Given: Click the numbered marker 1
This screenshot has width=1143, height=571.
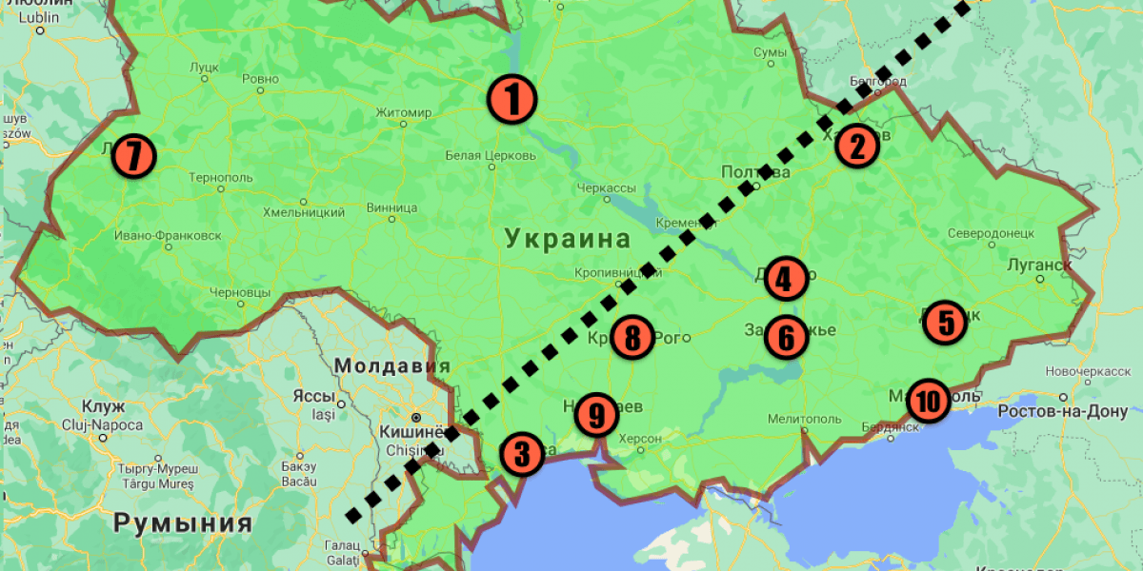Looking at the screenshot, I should [511, 99].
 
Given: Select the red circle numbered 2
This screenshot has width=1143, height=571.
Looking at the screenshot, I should [856, 147].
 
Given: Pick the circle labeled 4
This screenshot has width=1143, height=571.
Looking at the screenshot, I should [783, 279].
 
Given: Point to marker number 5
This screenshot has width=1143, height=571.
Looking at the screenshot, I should [945, 322].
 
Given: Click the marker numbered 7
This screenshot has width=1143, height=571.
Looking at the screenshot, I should [133, 156].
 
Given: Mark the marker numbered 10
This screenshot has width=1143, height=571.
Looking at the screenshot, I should [928, 401].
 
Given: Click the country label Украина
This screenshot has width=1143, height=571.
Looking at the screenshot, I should [554, 238].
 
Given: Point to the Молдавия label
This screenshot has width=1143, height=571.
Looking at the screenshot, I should [391, 366].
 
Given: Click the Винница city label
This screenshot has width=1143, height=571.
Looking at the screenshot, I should [391, 207].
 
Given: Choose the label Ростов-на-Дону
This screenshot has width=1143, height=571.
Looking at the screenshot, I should [1063, 412].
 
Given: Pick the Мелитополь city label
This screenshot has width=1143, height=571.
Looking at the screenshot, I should [806, 419].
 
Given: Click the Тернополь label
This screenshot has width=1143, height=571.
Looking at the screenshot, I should [221, 178].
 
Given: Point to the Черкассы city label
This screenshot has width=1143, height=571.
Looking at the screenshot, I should [606, 187].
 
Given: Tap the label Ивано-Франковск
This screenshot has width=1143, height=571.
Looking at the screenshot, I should [167, 234].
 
